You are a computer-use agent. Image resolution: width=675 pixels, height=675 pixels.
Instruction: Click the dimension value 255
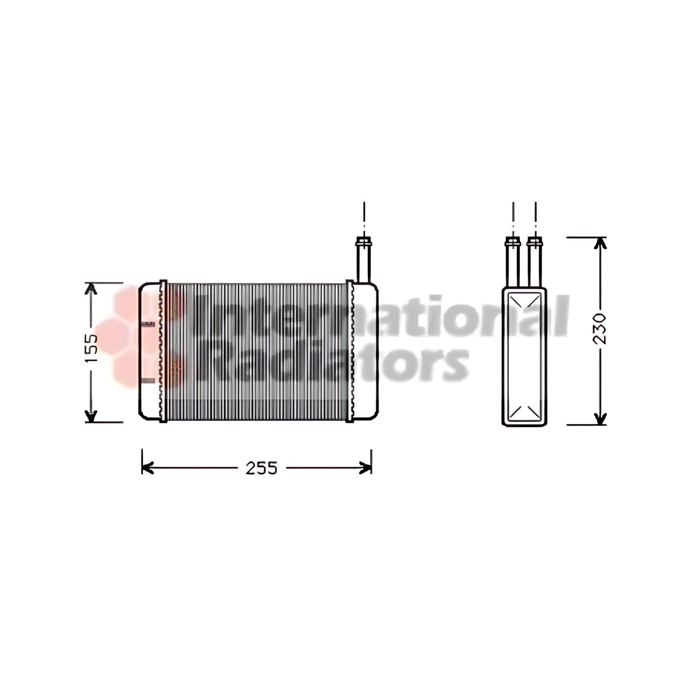(262, 469)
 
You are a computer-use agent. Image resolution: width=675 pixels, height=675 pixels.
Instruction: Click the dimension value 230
(600, 328)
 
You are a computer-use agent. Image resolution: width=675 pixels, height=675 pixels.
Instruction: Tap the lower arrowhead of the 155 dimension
(91, 416)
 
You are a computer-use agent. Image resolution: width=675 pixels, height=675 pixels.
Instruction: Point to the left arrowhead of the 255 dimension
(147, 468)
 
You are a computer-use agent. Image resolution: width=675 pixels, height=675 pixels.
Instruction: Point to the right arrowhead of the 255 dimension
(366, 468)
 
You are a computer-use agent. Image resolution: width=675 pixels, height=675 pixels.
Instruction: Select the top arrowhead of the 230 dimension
(600, 244)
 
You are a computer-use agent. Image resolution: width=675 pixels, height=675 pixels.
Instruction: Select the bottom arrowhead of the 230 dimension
(600, 418)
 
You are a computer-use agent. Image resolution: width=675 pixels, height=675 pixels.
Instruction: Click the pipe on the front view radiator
(364, 259)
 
